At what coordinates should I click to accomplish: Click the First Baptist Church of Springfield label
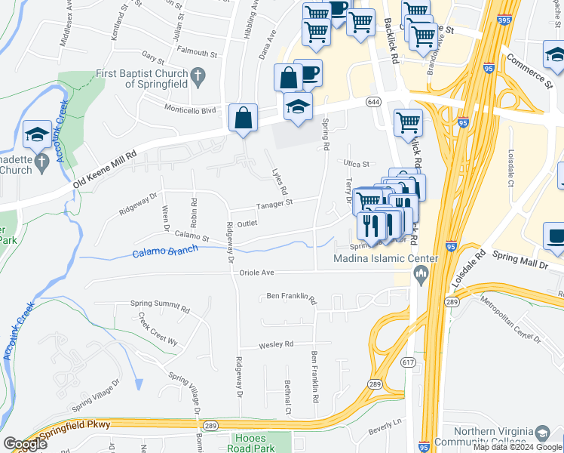click(140, 79)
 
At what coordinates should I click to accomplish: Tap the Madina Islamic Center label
click(386, 259)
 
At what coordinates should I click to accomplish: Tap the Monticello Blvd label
click(190, 109)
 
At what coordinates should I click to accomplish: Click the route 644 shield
click(373, 101)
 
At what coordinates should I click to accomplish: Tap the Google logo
click(25, 444)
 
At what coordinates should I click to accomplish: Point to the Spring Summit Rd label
click(160, 306)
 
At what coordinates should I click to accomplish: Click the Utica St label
click(358, 163)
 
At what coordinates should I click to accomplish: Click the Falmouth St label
click(198, 54)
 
